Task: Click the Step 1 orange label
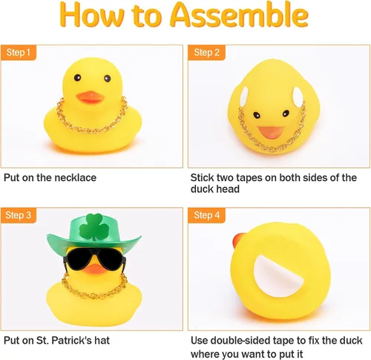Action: pyautogui.click(x=19, y=53)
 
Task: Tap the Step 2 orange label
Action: pyautogui.click(x=206, y=53)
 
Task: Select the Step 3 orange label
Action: pyautogui.click(x=19, y=215)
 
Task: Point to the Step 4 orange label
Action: pyautogui.click(x=206, y=215)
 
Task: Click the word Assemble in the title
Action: pyautogui.click(x=239, y=14)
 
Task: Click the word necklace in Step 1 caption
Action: pyautogui.click(x=76, y=177)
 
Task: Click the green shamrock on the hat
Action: pyautogui.click(x=94, y=227)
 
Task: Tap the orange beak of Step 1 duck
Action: pyautogui.click(x=91, y=97)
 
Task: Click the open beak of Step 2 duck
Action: pyautogui.click(x=271, y=132)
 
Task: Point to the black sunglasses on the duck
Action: pyautogui.click(x=95, y=258)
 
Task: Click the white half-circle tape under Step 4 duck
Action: pyautogui.click(x=277, y=276)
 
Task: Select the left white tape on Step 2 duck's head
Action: pyautogui.click(x=244, y=96)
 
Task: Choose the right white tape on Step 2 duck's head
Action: pyautogui.click(x=298, y=96)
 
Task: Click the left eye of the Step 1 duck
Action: pyautogui.click(x=77, y=77)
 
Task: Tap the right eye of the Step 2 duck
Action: pyautogui.click(x=286, y=114)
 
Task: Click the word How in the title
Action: pyautogui.click(x=93, y=15)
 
